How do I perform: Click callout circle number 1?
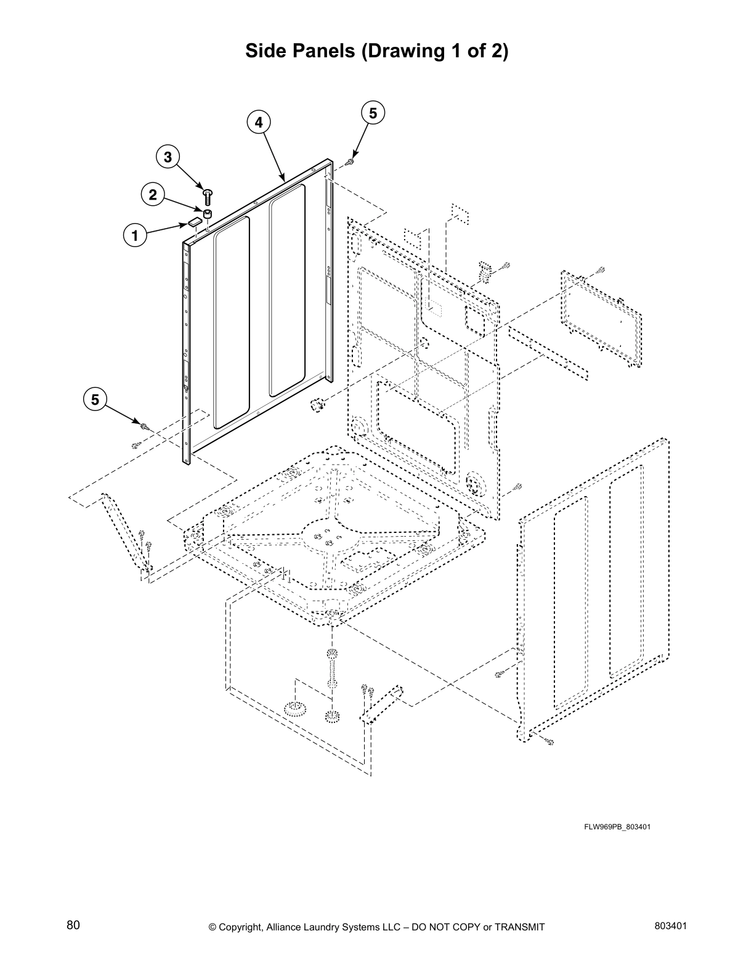135,235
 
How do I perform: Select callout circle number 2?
152,195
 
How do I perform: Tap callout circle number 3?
168,157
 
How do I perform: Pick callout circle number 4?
259,122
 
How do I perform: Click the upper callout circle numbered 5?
373,113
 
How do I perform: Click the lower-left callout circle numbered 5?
95,399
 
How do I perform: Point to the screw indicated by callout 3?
208,195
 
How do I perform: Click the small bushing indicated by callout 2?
208,214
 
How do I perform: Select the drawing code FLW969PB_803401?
617,826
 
